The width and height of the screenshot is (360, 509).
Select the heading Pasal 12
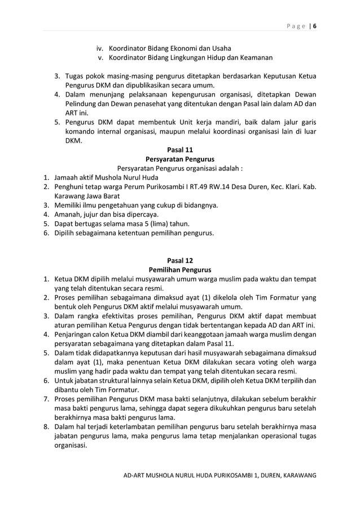(x=180, y=260)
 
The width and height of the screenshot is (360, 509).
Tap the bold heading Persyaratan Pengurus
(x=180, y=159)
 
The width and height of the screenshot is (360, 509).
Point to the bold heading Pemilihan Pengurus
(x=180, y=270)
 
